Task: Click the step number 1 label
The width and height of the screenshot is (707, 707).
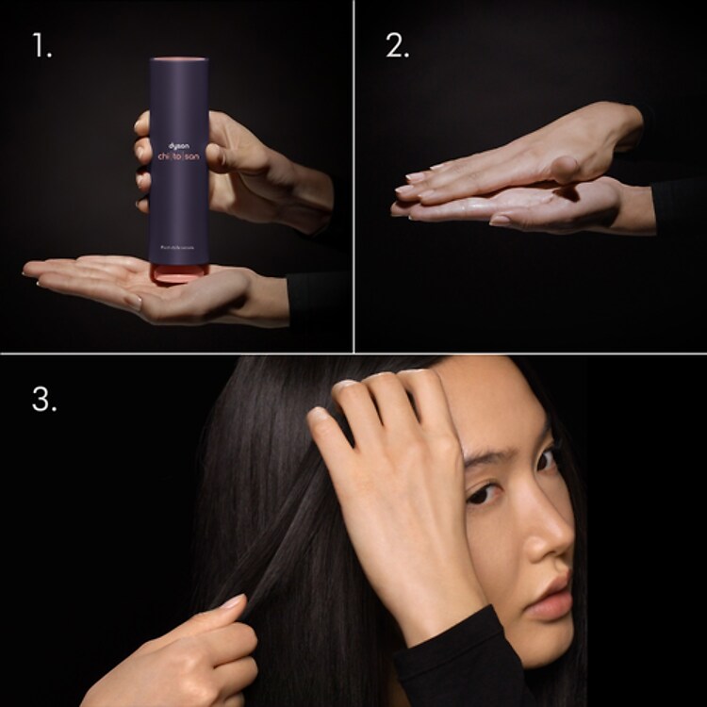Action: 41,45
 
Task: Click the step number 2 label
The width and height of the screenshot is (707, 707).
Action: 397,45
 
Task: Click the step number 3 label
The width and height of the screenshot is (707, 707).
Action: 44,399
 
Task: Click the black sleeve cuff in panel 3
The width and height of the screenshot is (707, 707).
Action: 452,660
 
